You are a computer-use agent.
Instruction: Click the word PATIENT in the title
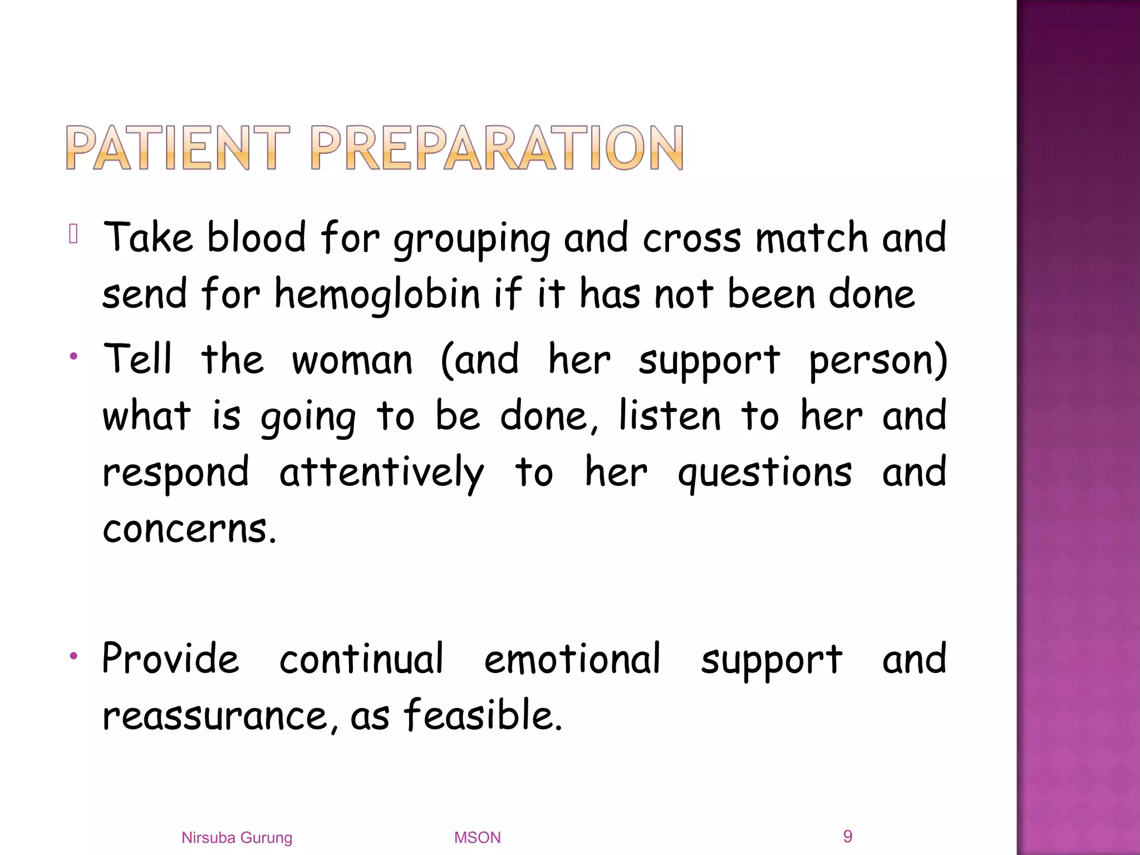point(178,148)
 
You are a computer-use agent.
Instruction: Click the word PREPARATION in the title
point(497,148)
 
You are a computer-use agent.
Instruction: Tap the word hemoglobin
point(377,294)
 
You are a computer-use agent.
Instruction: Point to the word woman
point(352,360)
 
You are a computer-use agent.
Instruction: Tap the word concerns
point(189,529)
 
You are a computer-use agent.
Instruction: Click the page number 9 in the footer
point(848,836)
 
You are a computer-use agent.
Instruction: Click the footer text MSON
point(477,838)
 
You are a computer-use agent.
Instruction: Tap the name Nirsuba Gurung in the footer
point(237,838)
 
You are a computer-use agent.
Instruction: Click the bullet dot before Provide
point(73,657)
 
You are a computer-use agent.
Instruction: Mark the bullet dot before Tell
point(73,356)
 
